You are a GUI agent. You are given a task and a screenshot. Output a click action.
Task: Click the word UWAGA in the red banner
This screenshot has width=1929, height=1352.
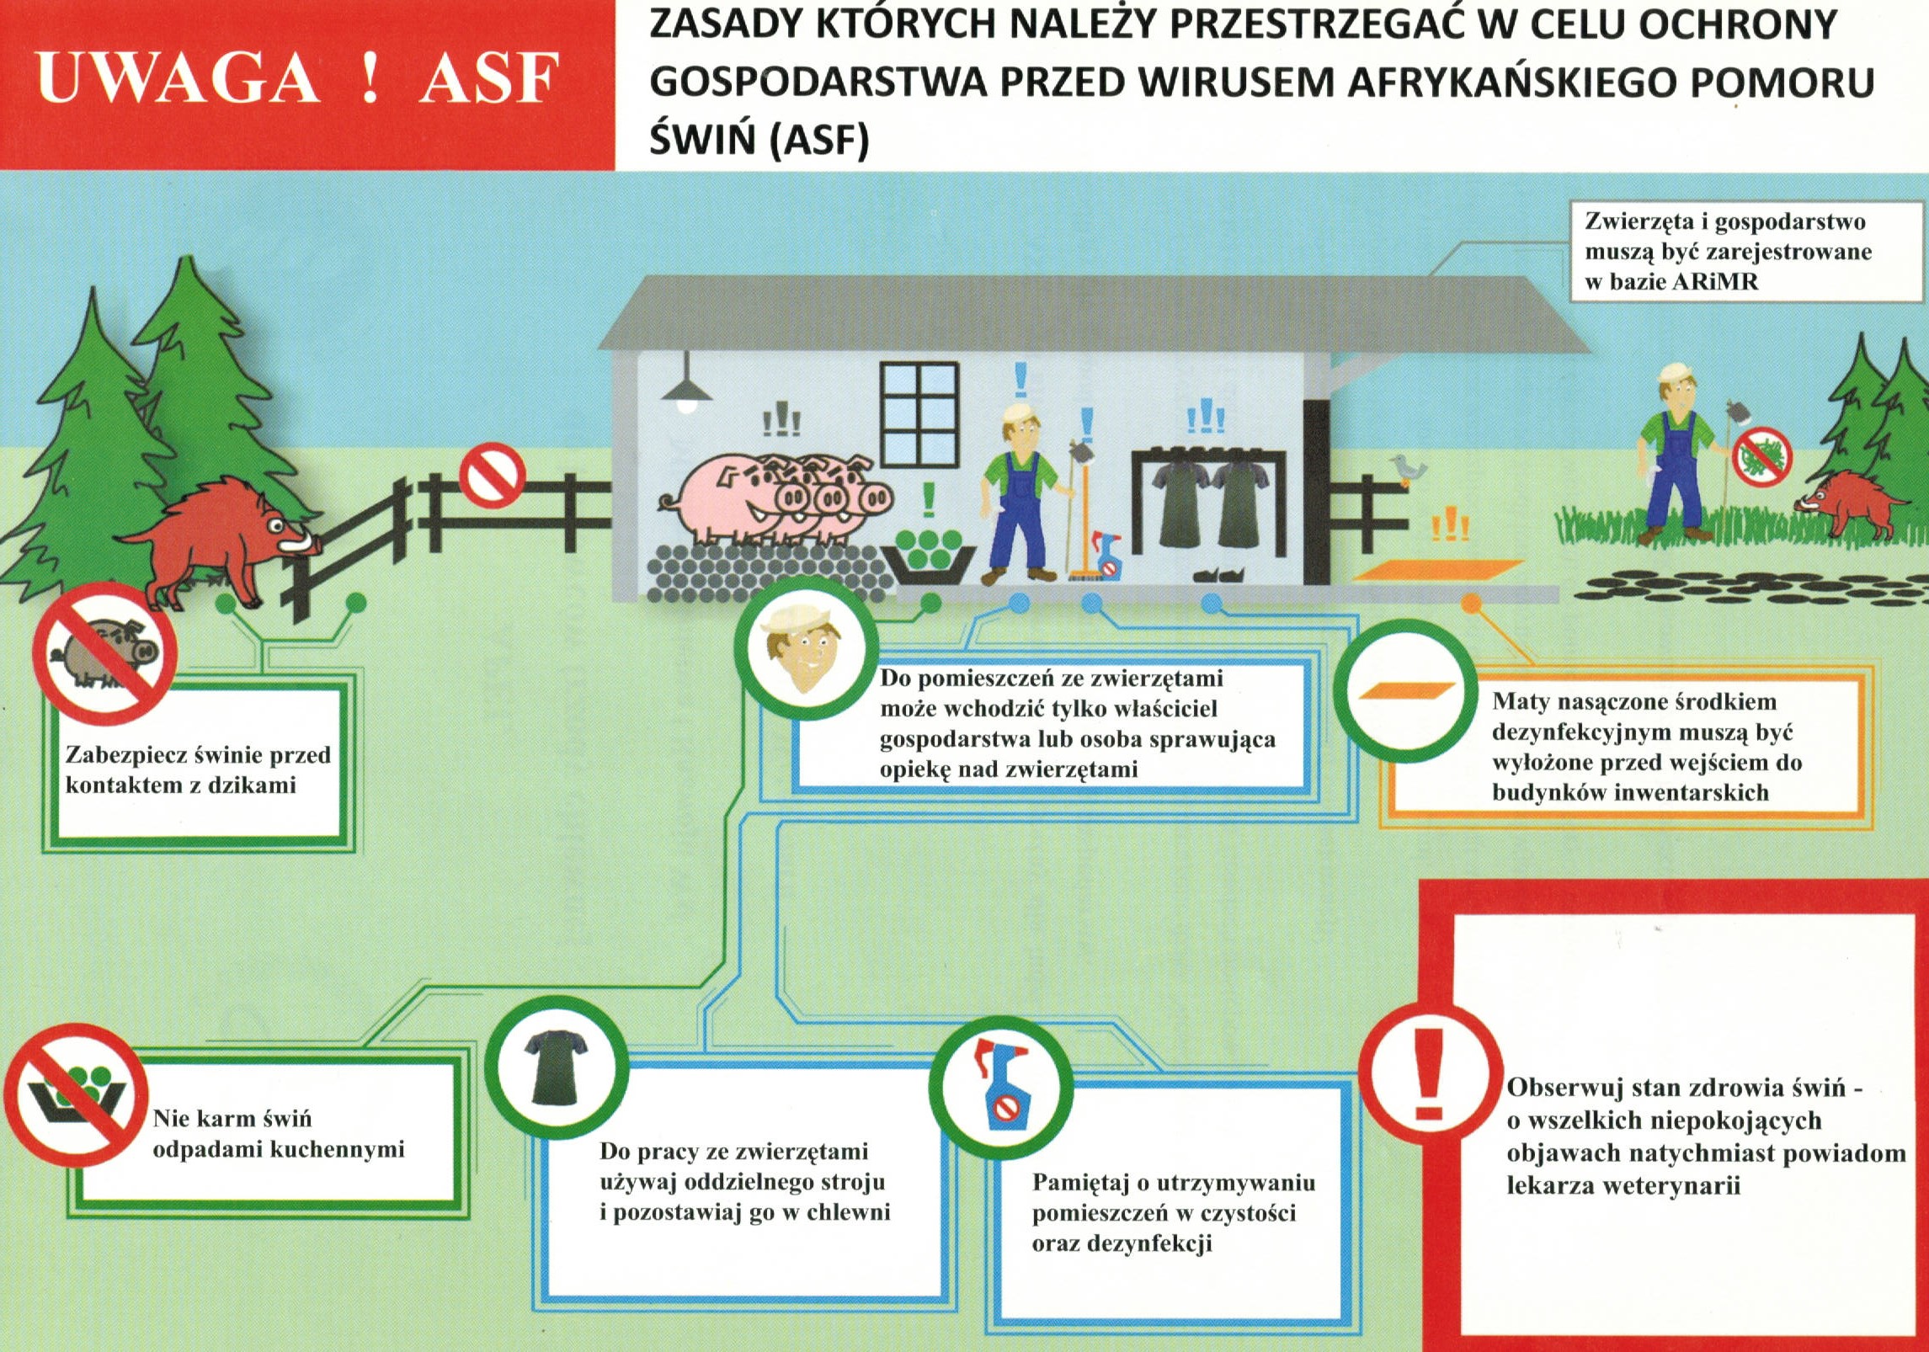(x=177, y=78)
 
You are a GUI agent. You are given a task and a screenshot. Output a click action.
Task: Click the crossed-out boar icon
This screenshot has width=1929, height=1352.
(x=104, y=652)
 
